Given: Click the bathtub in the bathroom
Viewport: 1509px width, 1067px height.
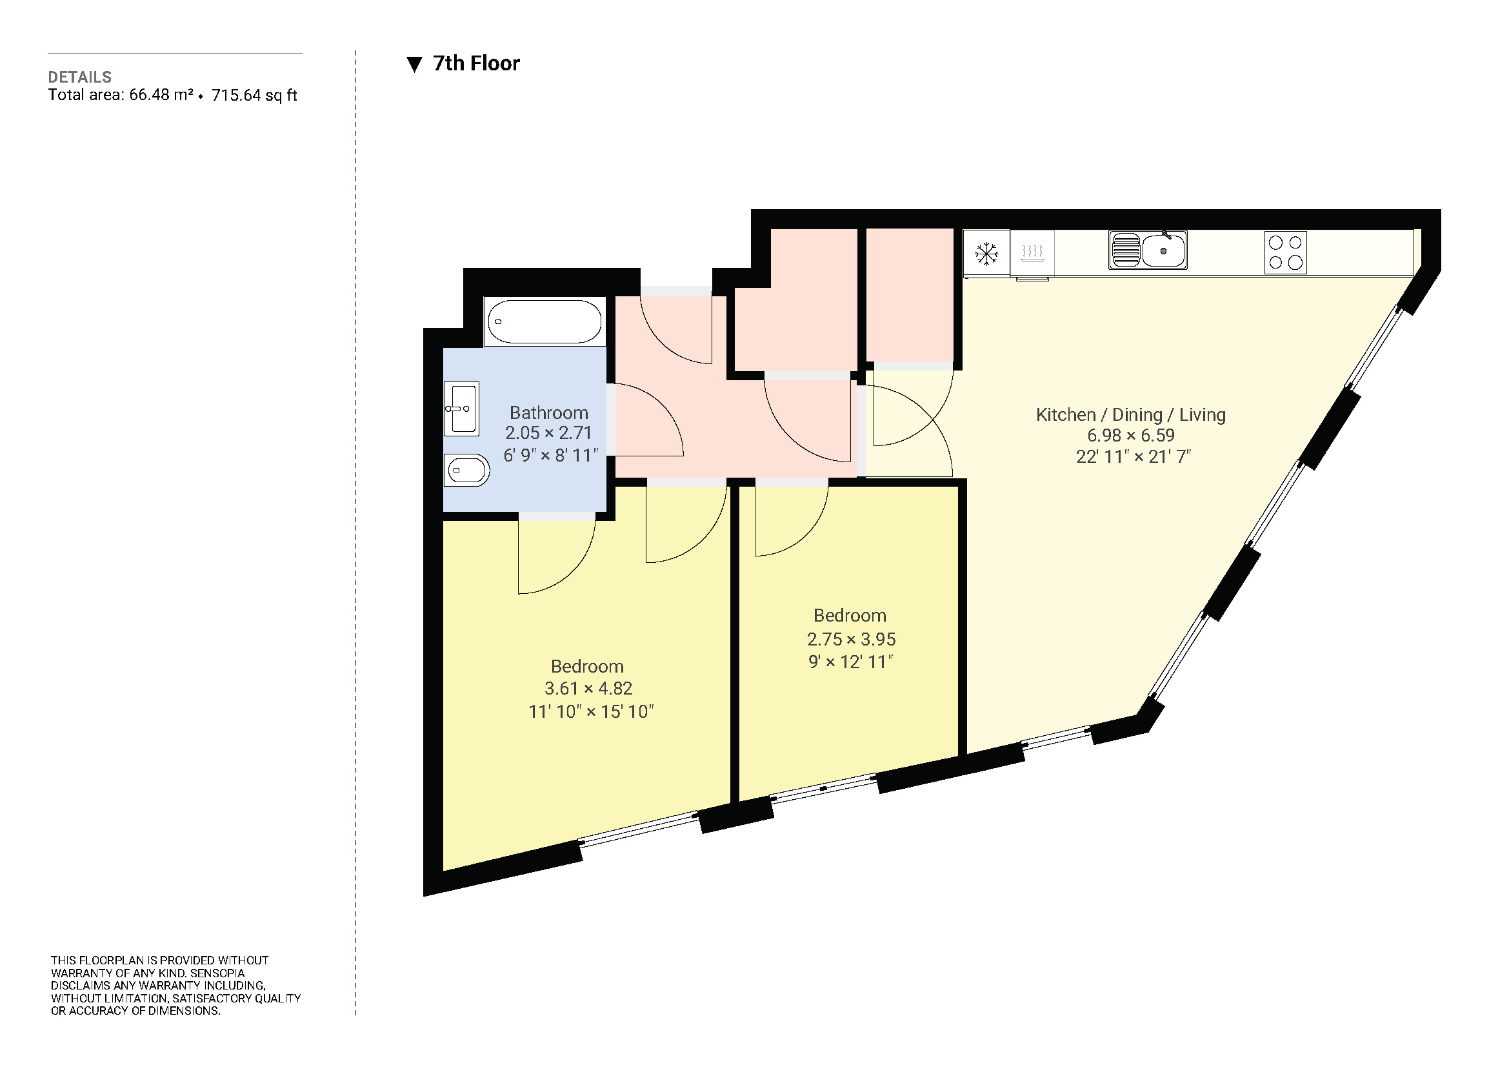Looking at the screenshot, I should click(x=545, y=321).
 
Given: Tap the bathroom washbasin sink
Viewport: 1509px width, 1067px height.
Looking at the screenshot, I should click(x=461, y=408).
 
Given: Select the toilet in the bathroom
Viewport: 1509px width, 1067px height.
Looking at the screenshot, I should click(x=466, y=470).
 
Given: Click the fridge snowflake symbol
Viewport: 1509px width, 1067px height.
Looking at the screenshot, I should click(x=986, y=253).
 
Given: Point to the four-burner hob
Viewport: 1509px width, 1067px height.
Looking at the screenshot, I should click(x=1285, y=252).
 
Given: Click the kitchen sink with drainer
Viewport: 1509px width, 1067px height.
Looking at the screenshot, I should click(x=1148, y=250).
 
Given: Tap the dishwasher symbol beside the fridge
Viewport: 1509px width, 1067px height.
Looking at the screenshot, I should click(x=1032, y=252).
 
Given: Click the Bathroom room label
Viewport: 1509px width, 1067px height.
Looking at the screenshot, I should click(x=549, y=412).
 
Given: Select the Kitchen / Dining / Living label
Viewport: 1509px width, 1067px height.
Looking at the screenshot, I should click(x=1130, y=414).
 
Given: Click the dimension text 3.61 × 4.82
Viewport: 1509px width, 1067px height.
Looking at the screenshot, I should click(x=588, y=688).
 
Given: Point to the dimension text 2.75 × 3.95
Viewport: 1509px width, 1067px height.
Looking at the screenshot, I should click(x=851, y=638).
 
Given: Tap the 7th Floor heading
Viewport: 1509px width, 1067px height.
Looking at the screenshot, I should click(x=476, y=64).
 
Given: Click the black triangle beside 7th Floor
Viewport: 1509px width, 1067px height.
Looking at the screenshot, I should click(x=414, y=65).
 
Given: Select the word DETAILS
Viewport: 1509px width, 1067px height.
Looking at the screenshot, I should click(x=79, y=77).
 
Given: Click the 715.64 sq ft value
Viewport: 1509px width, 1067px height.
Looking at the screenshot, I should click(x=254, y=96).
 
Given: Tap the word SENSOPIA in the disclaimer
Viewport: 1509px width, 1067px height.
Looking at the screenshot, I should click(x=217, y=972).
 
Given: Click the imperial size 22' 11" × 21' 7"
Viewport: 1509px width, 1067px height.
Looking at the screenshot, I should click(x=1133, y=456).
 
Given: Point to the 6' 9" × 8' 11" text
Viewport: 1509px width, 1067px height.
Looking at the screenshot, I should click(x=551, y=455).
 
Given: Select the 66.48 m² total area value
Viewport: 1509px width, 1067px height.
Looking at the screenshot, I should click(x=161, y=95).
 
